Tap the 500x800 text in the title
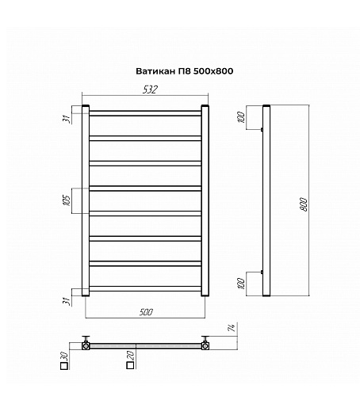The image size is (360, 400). click(213, 71)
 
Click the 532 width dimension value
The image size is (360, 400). click(150, 90)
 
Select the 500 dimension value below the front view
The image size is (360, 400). click(146, 312)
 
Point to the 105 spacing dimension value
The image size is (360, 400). click(67, 200)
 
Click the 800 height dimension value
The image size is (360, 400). click(304, 204)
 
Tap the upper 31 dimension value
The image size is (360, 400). click(67, 119)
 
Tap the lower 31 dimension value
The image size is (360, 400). click(67, 301)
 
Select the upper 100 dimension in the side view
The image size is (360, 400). click(242, 117)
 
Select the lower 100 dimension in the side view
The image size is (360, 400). click(242, 284)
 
